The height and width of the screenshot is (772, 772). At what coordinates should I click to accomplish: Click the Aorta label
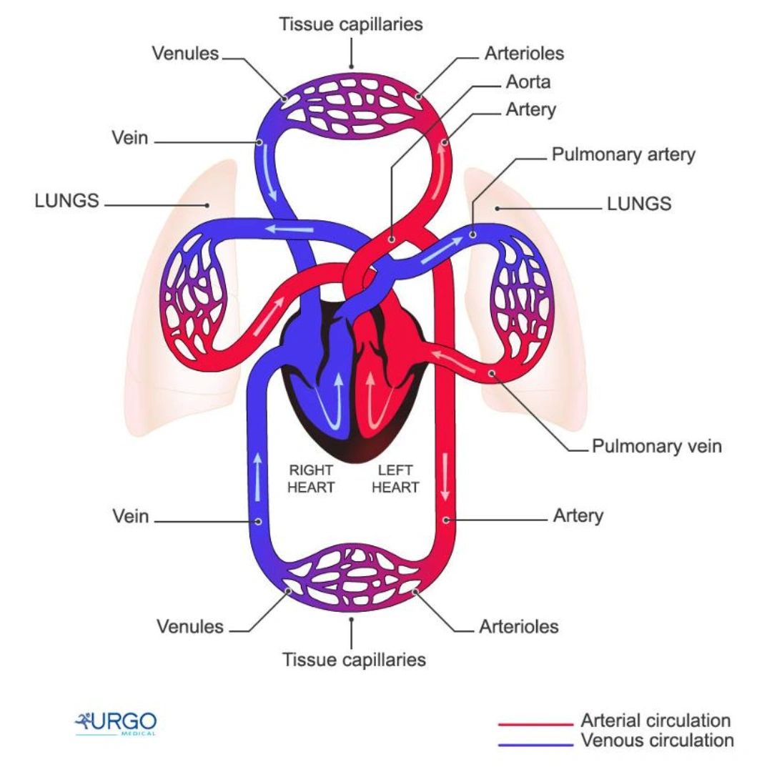pyautogui.click(x=528, y=81)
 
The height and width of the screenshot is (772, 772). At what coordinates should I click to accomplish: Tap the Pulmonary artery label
pyautogui.click(x=623, y=154)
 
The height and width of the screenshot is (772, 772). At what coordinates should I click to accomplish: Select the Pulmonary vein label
pyautogui.click(x=657, y=446)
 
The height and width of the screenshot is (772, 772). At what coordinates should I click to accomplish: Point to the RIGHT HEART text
pyautogui.click(x=311, y=479)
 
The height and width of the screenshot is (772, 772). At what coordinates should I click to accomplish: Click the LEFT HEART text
pyautogui.click(x=395, y=479)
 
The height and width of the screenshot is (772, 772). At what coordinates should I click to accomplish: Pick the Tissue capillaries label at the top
pyautogui.click(x=351, y=24)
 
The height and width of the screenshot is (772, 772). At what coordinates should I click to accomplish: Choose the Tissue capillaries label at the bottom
pyautogui.click(x=354, y=659)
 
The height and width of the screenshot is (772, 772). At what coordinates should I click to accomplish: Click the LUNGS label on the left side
pyautogui.click(x=66, y=200)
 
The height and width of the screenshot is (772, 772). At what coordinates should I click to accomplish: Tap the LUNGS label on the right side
pyautogui.click(x=639, y=204)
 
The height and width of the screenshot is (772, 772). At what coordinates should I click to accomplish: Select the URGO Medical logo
pyautogui.click(x=116, y=723)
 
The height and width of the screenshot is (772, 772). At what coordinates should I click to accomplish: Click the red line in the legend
pyautogui.click(x=535, y=724)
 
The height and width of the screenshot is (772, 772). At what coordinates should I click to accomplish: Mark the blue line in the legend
pyautogui.click(x=535, y=744)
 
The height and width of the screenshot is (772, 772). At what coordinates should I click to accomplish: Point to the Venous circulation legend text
pyautogui.click(x=657, y=740)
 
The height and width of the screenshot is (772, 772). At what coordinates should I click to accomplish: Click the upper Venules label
pyautogui.click(x=185, y=53)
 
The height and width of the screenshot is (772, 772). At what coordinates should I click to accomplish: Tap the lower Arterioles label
pyautogui.click(x=519, y=627)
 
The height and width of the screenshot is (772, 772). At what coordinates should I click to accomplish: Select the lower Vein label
pyautogui.click(x=131, y=515)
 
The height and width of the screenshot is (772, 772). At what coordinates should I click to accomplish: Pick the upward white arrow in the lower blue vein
pyautogui.click(x=257, y=478)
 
